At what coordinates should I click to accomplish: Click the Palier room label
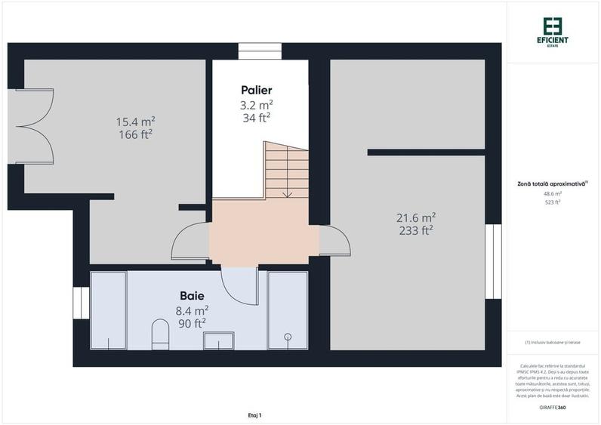coord(257,90)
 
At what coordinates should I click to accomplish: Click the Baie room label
coord(192,295)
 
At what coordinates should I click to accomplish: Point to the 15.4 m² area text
coord(135,122)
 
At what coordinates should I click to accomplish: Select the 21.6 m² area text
coord(416,217)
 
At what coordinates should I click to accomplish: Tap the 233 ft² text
coord(416,230)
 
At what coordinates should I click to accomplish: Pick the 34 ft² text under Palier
coord(257,118)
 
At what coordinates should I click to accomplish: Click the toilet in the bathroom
coord(159,334)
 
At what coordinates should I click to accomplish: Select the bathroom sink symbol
coord(219,341)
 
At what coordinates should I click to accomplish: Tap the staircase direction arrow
coord(288,192)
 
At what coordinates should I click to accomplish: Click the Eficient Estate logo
coord(553,31)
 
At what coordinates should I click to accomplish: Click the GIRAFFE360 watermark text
coord(553,408)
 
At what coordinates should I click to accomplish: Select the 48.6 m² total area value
coord(553,193)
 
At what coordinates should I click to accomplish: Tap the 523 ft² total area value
coord(553,202)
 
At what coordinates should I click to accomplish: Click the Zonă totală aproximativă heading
coord(552,183)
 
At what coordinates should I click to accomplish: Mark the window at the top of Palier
coord(260,51)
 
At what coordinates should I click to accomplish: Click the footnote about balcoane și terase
coord(553,343)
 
